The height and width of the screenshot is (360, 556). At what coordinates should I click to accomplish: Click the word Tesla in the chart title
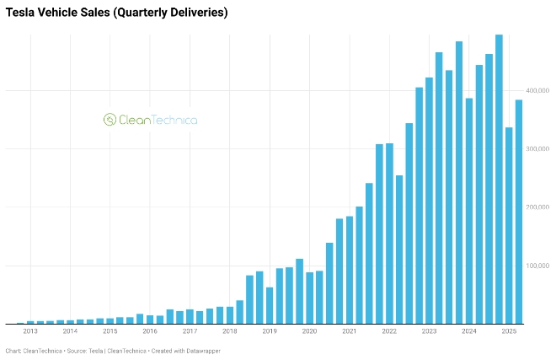click(x=21, y=13)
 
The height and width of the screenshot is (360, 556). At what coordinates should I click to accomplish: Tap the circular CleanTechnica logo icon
click(x=110, y=120)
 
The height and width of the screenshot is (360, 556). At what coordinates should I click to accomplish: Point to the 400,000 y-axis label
click(x=537, y=90)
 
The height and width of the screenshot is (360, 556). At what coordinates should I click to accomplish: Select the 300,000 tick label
click(x=537, y=148)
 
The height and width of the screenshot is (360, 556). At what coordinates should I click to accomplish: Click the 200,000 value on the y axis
click(x=537, y=207)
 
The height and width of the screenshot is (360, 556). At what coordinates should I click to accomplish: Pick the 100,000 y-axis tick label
click(x=537, y=266)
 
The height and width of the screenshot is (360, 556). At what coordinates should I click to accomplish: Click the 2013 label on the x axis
click(x=30, y=331)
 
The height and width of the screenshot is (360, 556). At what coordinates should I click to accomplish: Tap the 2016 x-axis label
click(x=150, y=331)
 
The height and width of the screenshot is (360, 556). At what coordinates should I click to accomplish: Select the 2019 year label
click(x=270, y=331)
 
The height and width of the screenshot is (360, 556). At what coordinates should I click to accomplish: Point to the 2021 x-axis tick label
click(x=349, y=331)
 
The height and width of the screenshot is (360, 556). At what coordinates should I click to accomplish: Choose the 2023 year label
click(x=429, y=331)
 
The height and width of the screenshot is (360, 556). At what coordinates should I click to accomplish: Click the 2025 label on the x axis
click(x=509, y=331)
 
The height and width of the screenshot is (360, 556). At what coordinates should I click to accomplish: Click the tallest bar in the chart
click(x=499, y=179)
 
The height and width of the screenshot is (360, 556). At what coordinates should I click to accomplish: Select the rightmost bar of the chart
click(x=519, y=212)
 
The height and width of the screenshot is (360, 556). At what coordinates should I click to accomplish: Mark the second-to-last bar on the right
click(x=509, y=225)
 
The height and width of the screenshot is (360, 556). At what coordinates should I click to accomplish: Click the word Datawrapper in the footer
click(x=202, y=351)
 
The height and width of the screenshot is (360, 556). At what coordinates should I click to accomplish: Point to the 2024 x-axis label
click(x=469, y=331)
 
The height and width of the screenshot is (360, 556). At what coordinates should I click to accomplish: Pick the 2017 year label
click(x=190, y=331)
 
